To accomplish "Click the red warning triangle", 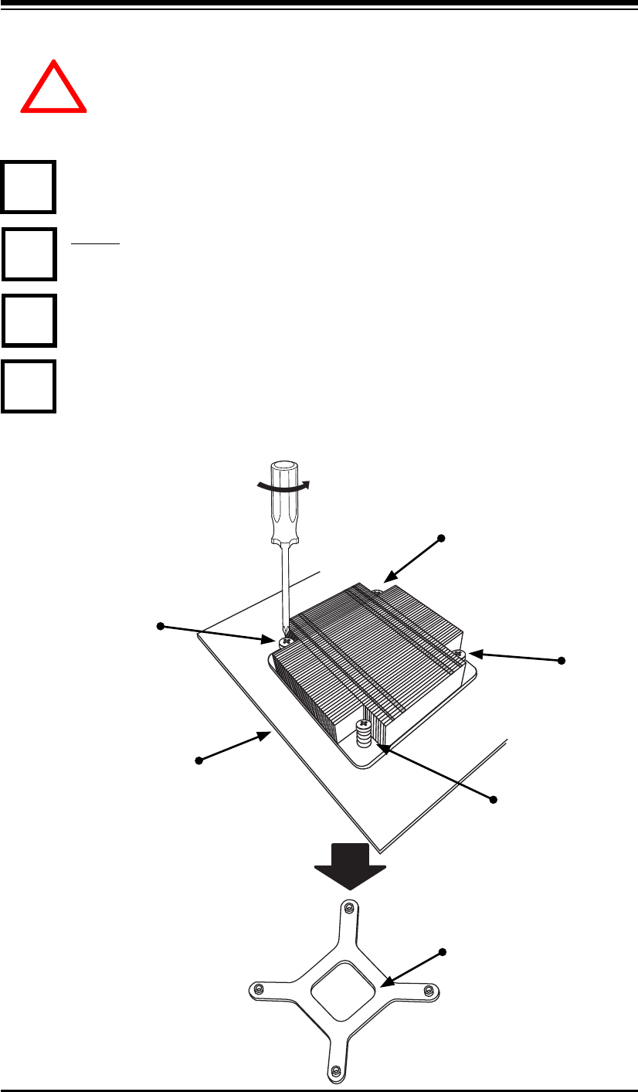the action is pos(53,89).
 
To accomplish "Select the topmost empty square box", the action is pos(29,186).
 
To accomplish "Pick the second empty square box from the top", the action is pos(29,253).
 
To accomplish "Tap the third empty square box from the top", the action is pos(29,319).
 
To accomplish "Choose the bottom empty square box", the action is pos(29,386).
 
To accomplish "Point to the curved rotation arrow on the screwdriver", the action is pos(283,485).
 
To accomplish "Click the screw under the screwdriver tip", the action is pos(286,641).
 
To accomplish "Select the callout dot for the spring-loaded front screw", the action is pos(494,797).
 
